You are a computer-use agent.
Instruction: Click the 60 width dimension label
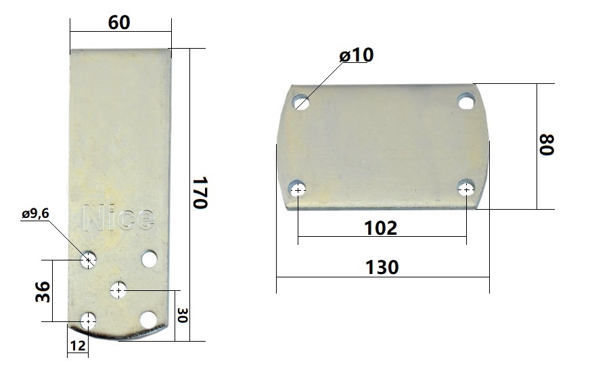coord(119,22)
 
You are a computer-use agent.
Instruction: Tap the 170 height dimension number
coord(200,193)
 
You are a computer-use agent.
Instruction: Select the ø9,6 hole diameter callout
coord(35,214)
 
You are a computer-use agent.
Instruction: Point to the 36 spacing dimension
coord(43,292)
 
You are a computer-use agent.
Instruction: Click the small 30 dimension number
coord(183,315)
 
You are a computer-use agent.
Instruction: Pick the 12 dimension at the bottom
coord(78,346)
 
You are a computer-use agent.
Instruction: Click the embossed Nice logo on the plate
coord(118,217)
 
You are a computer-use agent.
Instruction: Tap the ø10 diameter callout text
coord(357,55)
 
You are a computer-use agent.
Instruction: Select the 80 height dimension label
coord(546,144)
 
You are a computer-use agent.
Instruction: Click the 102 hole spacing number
coord(380,228)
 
